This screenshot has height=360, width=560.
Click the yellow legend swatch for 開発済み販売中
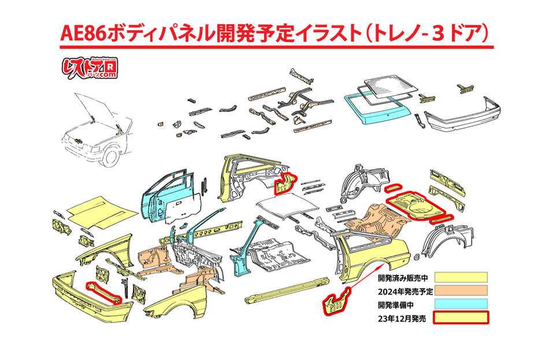461,277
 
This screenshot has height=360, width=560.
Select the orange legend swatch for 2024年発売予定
461,290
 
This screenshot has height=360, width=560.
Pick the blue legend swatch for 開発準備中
461,304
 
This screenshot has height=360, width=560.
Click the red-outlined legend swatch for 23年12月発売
461,318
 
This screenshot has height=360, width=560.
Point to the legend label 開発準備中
399,304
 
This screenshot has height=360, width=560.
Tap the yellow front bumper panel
87,300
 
